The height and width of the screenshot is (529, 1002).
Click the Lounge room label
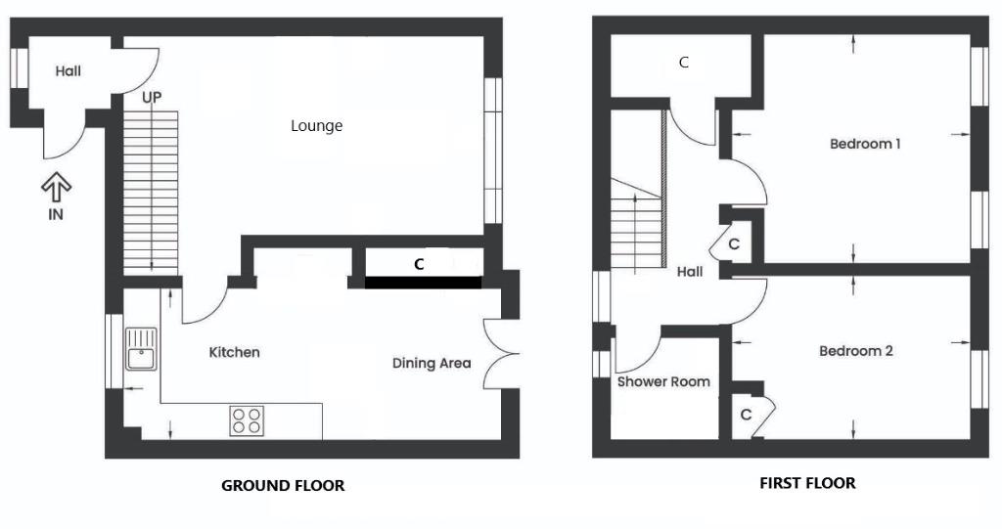tap(316, 126)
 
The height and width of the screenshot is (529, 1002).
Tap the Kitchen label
tap(235, 352)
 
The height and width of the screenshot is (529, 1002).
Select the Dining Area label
tap(432, 364)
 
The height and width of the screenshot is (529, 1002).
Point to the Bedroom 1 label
tap(865, 144)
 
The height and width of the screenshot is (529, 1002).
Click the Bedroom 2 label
tap(856, 351)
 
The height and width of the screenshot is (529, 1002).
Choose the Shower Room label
tap(663, 382)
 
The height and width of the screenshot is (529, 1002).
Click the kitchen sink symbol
tap(141, 349)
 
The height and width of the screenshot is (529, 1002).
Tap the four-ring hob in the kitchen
tap(247, 421)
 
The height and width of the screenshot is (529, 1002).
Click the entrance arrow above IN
tap(56, 187)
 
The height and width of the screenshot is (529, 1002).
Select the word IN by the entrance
tap(56, 215)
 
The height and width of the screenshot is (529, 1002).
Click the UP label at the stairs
tap(152, 98)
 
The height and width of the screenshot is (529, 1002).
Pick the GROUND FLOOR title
tap(283, 486)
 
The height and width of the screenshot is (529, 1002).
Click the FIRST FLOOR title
tap(807, 483)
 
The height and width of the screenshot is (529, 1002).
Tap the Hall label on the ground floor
tap(68, 71)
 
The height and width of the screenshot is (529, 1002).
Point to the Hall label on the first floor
tap(690, 272)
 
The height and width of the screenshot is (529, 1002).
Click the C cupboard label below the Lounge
tap(419, 264)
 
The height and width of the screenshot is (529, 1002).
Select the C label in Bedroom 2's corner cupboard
tap(746, 416)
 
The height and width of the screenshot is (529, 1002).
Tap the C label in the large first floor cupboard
tap(684, 62)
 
